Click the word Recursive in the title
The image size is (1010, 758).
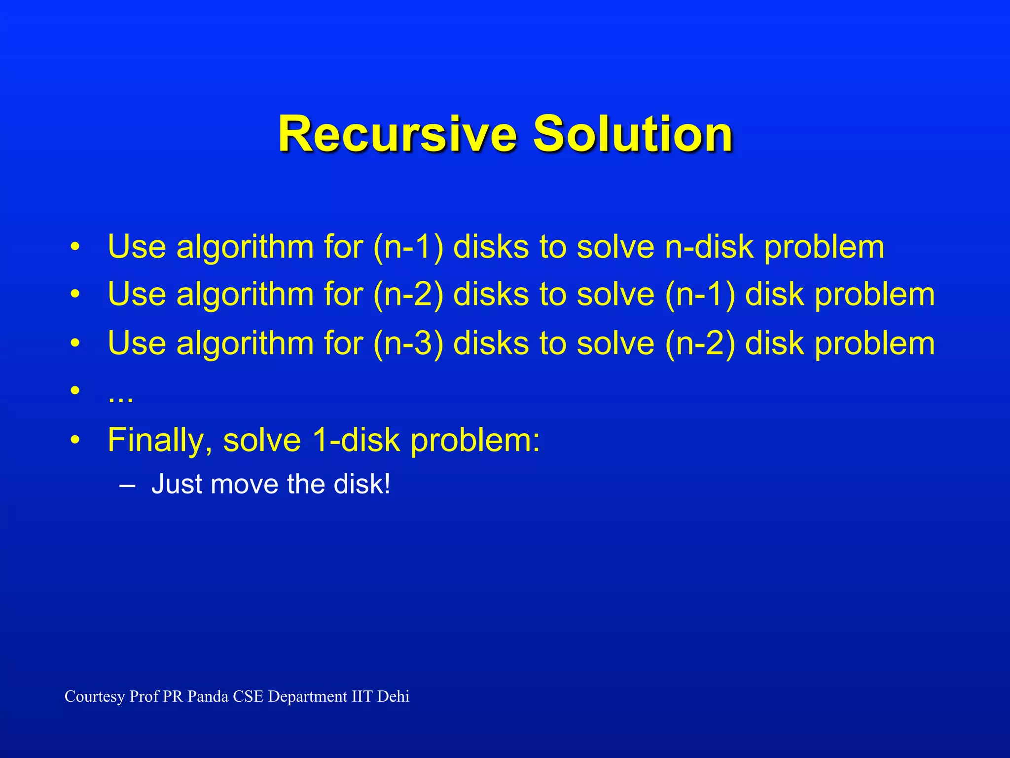[397, 134]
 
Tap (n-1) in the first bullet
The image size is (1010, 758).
[408, 247]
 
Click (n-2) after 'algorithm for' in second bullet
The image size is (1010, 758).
[408, 295]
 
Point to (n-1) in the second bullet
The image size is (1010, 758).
[700, 295]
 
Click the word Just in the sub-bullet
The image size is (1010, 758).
[176, 484]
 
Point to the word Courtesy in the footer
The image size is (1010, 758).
[95, 697]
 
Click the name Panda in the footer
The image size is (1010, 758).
[208, 696]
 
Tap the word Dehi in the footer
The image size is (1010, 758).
[393, 696]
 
